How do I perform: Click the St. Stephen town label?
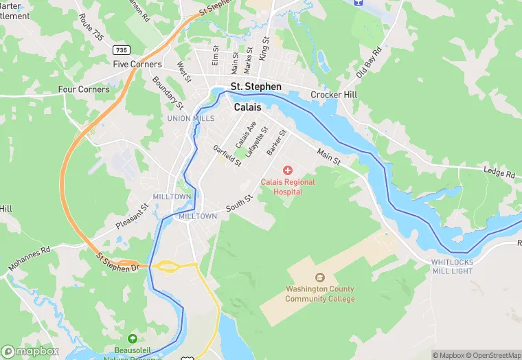point(256,87)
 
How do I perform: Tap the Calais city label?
point(248,107)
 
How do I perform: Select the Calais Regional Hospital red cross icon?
point(287,170)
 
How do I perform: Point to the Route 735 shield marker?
point(122,50)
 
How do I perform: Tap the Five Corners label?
point(137,65)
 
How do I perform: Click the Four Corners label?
point(84,89)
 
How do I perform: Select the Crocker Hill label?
point(334,95)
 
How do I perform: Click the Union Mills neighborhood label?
point(191,118)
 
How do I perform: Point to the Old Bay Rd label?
point(368,63)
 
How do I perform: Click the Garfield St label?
point(227,155)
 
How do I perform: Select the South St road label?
point(240,202)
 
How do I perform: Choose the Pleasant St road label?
point(132,216)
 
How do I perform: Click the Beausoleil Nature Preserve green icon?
point(133,339)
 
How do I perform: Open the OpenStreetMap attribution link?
point(493,355)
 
